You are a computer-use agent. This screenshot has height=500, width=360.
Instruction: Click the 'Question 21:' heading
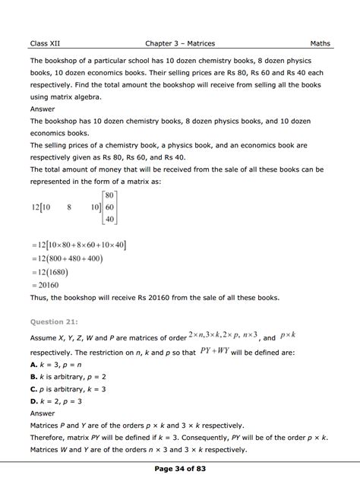[x=55, y=321]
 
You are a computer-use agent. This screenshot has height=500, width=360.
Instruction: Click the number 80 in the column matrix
[x=109, y=195]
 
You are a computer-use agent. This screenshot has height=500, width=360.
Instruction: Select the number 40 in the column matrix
[x=109, y=220]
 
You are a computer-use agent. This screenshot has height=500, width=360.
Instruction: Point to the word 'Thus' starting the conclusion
[x=39, y=298]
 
